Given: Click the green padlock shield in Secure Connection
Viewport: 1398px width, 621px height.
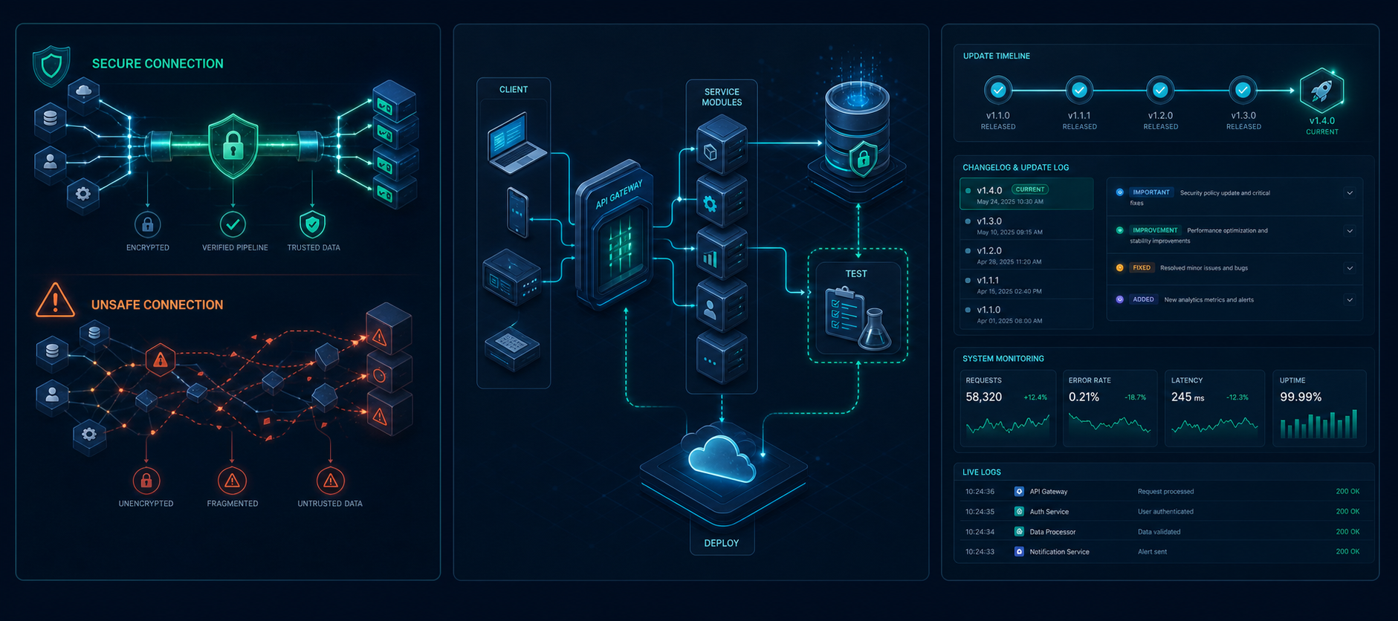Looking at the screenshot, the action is pyautogui.click(x=233, y=146).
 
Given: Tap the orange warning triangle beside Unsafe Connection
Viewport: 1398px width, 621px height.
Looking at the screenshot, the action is pyautogui.click(x=55, y=300).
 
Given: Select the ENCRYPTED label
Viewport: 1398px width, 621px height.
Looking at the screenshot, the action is pyautogui.click(x=148, y=247).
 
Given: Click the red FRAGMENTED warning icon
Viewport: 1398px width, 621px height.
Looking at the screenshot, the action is pyautogui.click(x=232, y=481).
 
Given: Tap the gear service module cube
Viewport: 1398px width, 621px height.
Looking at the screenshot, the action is pyautogui.click(x=721, y=200).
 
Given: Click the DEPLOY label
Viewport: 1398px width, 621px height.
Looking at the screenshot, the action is pyautogui.click(x=722, y=543).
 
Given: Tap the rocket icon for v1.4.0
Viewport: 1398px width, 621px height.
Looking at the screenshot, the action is pyautogui.click(x=1321, y=91).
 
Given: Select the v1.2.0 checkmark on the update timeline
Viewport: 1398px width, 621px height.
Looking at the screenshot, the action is pyautogui.click(x=1160, y=91).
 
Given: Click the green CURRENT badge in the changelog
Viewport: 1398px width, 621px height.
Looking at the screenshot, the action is pyautogui.click(x=1030, y=189).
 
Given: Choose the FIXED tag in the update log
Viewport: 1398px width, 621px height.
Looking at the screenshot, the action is pyautogui.click(x=1142, y=267).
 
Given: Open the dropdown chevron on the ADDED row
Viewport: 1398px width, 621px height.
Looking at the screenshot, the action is pyautogui.click(x=1350, y=300).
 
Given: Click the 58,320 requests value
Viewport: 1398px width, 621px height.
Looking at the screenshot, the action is pyautogui.click(x=984, y=397).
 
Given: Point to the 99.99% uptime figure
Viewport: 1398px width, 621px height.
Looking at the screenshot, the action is pyautogui.click(x=1301, y=397).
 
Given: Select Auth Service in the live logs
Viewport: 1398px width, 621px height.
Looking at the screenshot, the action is pyautogui.click(x=1049, y=512).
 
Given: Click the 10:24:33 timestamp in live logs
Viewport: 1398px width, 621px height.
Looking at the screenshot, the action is pyautogui.click(x=980, y=552).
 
